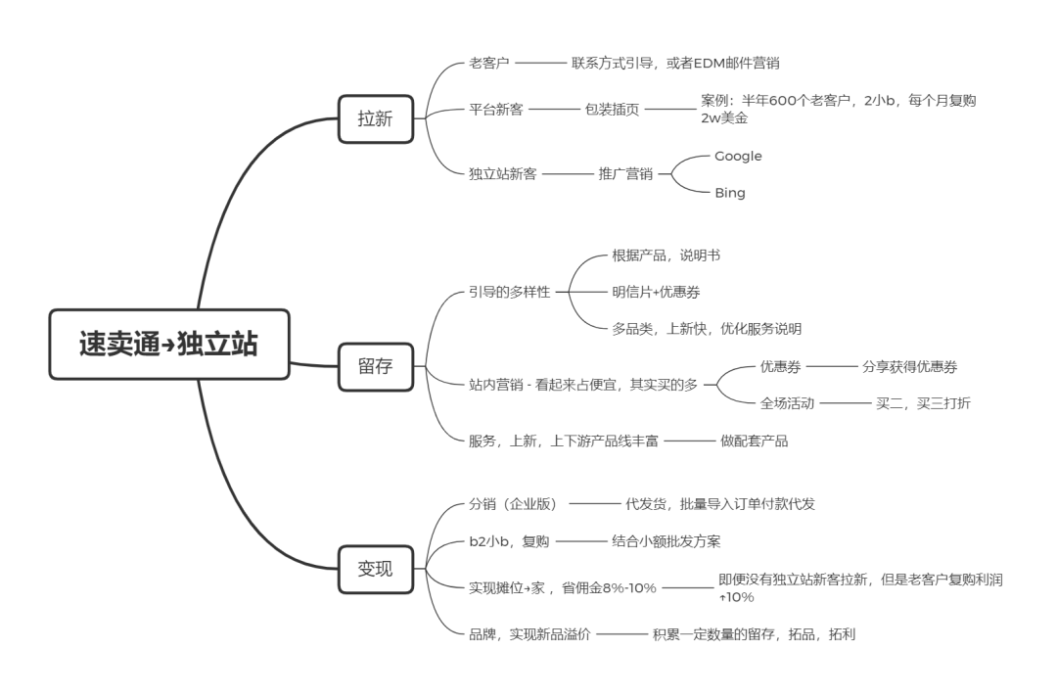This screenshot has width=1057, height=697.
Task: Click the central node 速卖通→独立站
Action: click(169, 344)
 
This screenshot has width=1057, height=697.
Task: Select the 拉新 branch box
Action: click(375, 118)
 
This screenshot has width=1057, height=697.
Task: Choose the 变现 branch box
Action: click(375, 568)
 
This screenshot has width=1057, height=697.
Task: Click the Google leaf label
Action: click(738, 156)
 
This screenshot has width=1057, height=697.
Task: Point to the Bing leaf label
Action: click(729, 193)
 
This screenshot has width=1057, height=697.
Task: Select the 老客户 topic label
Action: click(489, 63)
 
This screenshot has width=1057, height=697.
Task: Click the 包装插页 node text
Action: click(613, 109)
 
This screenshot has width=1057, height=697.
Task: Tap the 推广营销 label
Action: click(625, 175)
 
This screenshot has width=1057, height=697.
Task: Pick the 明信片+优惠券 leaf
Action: click(655, 292)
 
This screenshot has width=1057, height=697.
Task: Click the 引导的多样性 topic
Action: click(510, 292)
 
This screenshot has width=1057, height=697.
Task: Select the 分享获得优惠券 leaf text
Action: click(909, 367)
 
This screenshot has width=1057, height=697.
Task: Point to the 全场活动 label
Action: click(788, 403)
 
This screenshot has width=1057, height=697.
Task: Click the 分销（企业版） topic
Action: click(513, 504)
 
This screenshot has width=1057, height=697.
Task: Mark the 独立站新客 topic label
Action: click(502, 175)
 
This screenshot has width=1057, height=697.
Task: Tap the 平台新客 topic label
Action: click(496, 109)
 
